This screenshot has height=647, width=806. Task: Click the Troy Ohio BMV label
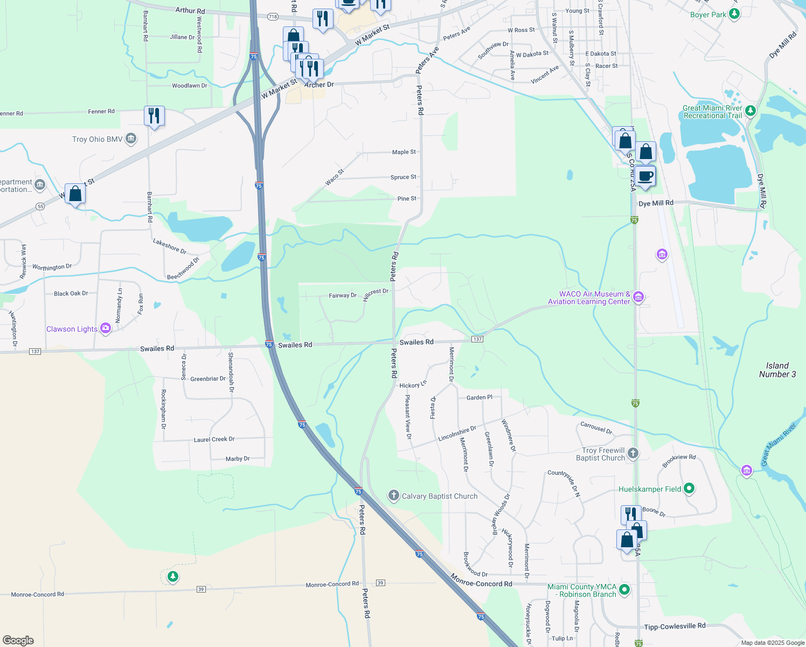point(98,139)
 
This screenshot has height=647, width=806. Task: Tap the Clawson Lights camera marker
point(106,328)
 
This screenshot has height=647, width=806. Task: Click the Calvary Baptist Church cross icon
point(394,495)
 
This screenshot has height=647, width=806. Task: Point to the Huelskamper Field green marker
point(689,489)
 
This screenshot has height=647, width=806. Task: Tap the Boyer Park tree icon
point(734,14)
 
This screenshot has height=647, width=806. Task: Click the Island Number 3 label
point(777,370)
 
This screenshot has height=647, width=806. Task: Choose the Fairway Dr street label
point(343,295)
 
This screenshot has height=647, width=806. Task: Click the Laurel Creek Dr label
point(214,439)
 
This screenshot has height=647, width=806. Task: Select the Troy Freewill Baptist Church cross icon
point(633,453)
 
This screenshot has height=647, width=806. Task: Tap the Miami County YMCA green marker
point(624,590)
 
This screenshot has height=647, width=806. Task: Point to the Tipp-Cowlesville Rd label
point(675,626)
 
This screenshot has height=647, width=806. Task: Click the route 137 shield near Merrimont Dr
point(477,339)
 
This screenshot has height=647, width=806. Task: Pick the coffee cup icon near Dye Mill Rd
point(645,176)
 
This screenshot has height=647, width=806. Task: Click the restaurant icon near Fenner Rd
point(154,115)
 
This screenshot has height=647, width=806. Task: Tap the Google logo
point(18,641)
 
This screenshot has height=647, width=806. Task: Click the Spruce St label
point(404,177)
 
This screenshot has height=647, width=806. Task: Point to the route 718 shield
point(273,17)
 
